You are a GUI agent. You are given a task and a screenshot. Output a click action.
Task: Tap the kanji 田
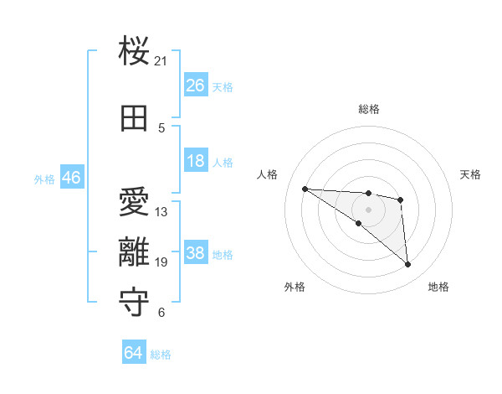135,118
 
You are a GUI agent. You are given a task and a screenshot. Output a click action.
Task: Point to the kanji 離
135,252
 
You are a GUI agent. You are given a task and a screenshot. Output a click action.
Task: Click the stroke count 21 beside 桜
161,61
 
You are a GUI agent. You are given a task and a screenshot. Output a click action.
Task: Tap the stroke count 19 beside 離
161,262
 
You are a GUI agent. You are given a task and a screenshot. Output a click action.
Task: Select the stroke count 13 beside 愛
161,212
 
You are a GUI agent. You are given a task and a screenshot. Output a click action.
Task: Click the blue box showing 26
195,86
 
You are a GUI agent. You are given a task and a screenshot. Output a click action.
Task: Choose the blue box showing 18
195,161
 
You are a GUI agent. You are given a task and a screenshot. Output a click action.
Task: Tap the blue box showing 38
195,253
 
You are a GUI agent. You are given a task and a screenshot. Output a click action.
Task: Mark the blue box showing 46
71,179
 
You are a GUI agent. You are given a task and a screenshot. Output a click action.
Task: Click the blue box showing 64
134,353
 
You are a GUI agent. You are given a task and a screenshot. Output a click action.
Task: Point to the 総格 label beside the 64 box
161,355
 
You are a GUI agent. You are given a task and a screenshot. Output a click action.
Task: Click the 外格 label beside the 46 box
44,179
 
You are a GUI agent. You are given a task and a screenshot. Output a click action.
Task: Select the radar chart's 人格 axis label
268,174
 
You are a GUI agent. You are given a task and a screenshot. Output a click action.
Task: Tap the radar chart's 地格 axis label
438,287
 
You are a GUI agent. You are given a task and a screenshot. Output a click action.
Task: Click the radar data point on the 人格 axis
305,189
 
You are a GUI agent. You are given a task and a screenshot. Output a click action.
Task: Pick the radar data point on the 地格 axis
407,264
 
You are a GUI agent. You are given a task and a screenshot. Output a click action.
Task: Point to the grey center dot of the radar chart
368,210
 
